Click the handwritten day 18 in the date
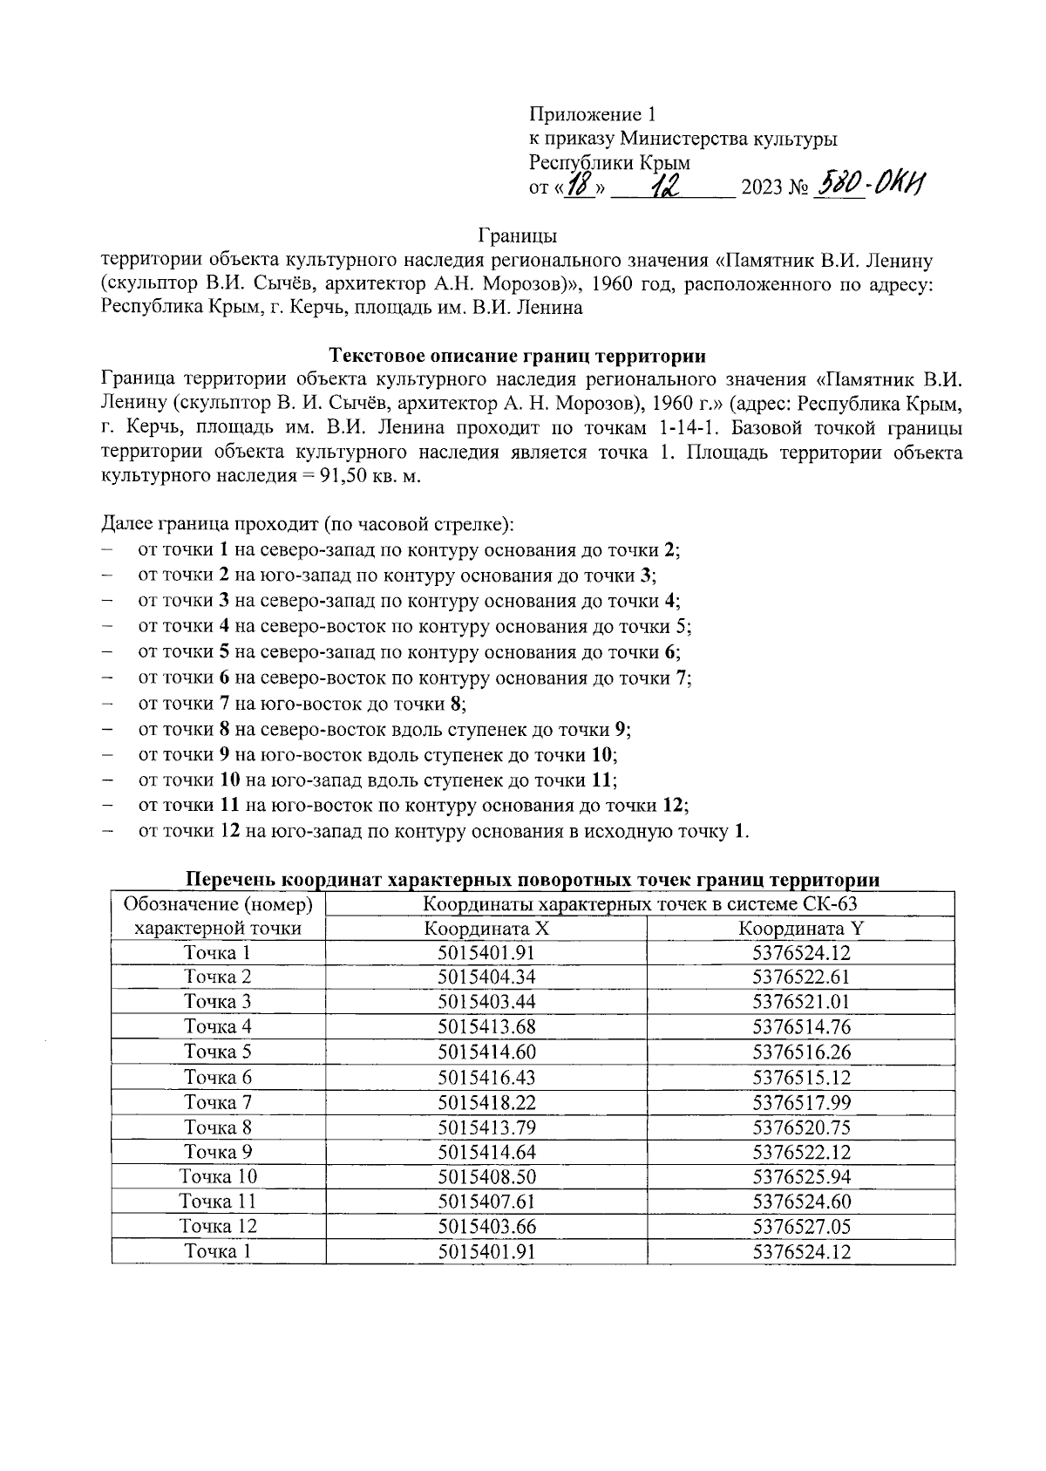click(578, 186)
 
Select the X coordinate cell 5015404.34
click(486, 977)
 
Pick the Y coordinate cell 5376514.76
click(800, 1026)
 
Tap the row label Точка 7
click(218, 1102)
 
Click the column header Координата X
click(486, 929)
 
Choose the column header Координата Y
click(800, 929)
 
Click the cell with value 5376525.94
click(800, 1177)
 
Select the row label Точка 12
click(218, 1227)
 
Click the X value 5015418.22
click(486, 1102)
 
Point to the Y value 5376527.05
click(800, 1227)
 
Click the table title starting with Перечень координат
click(533, 879)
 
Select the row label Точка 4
click(218, 1026)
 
